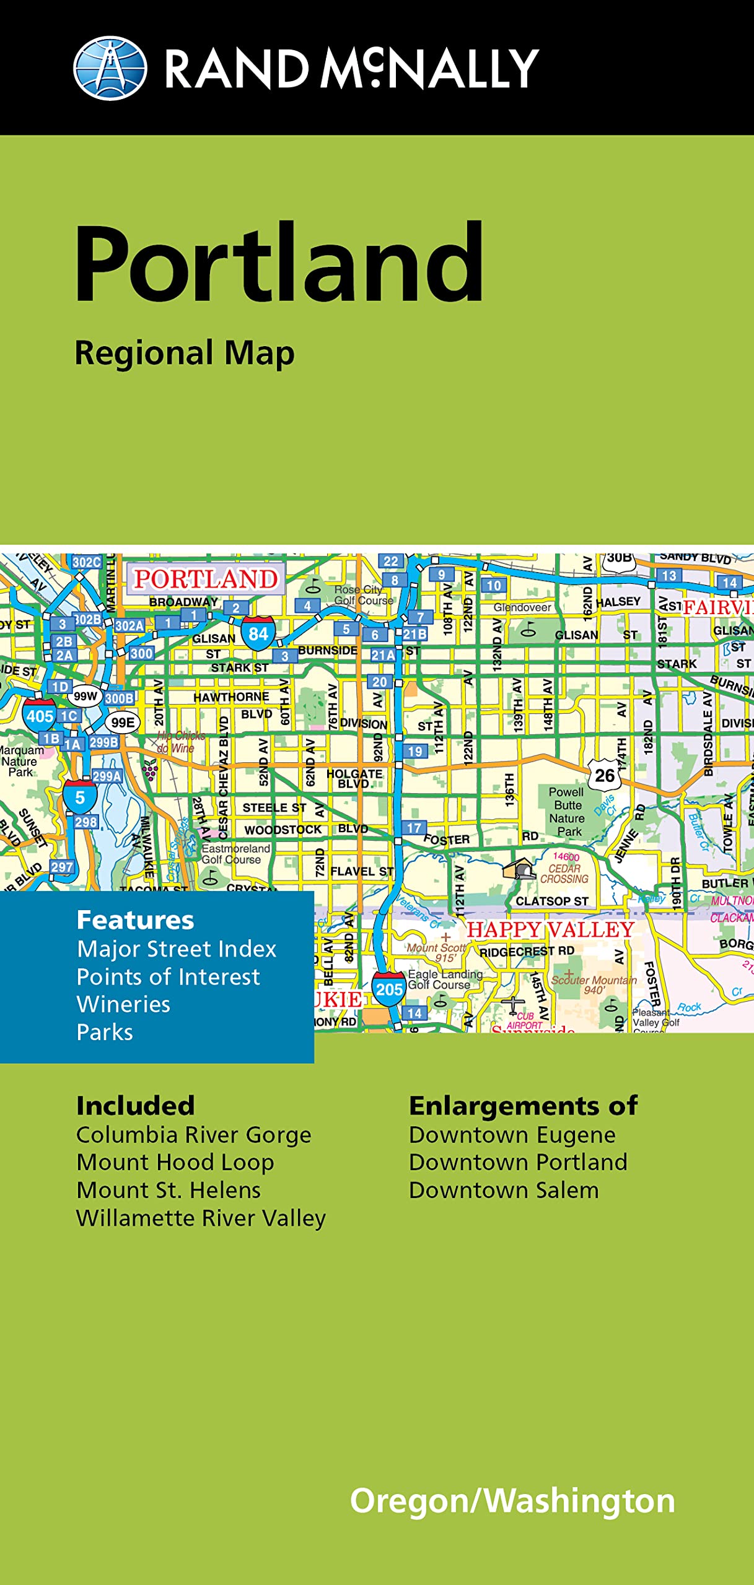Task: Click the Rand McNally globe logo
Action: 110,68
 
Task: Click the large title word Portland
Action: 279,263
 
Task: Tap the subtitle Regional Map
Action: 185,354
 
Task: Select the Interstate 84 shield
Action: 258,633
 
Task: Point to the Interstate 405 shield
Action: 40,715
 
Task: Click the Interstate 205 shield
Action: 388,989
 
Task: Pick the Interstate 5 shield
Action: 80,797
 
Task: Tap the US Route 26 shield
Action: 604,775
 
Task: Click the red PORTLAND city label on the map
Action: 206,579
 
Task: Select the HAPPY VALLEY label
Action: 550,929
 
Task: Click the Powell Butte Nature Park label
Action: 567,811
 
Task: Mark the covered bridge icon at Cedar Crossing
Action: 519,869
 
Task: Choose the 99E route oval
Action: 123,723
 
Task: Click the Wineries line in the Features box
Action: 123,1004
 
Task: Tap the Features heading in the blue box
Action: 135,920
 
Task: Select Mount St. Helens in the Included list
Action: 169,1190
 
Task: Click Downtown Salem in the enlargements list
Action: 504,1190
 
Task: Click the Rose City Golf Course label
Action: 363,595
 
